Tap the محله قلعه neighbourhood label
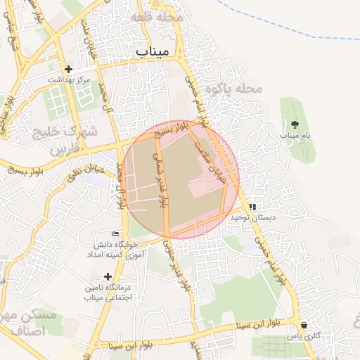(x=160, y=15)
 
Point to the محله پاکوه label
(x=233, y=89)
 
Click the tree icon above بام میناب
(x=295, y=124)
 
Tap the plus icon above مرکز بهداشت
(x=68, y=69)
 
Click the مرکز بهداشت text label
(x=69, y=80)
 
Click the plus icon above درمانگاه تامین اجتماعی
(x=108, y=276)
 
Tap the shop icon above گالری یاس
(x=304, y=326)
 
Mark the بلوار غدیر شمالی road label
(x=162, y=182)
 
